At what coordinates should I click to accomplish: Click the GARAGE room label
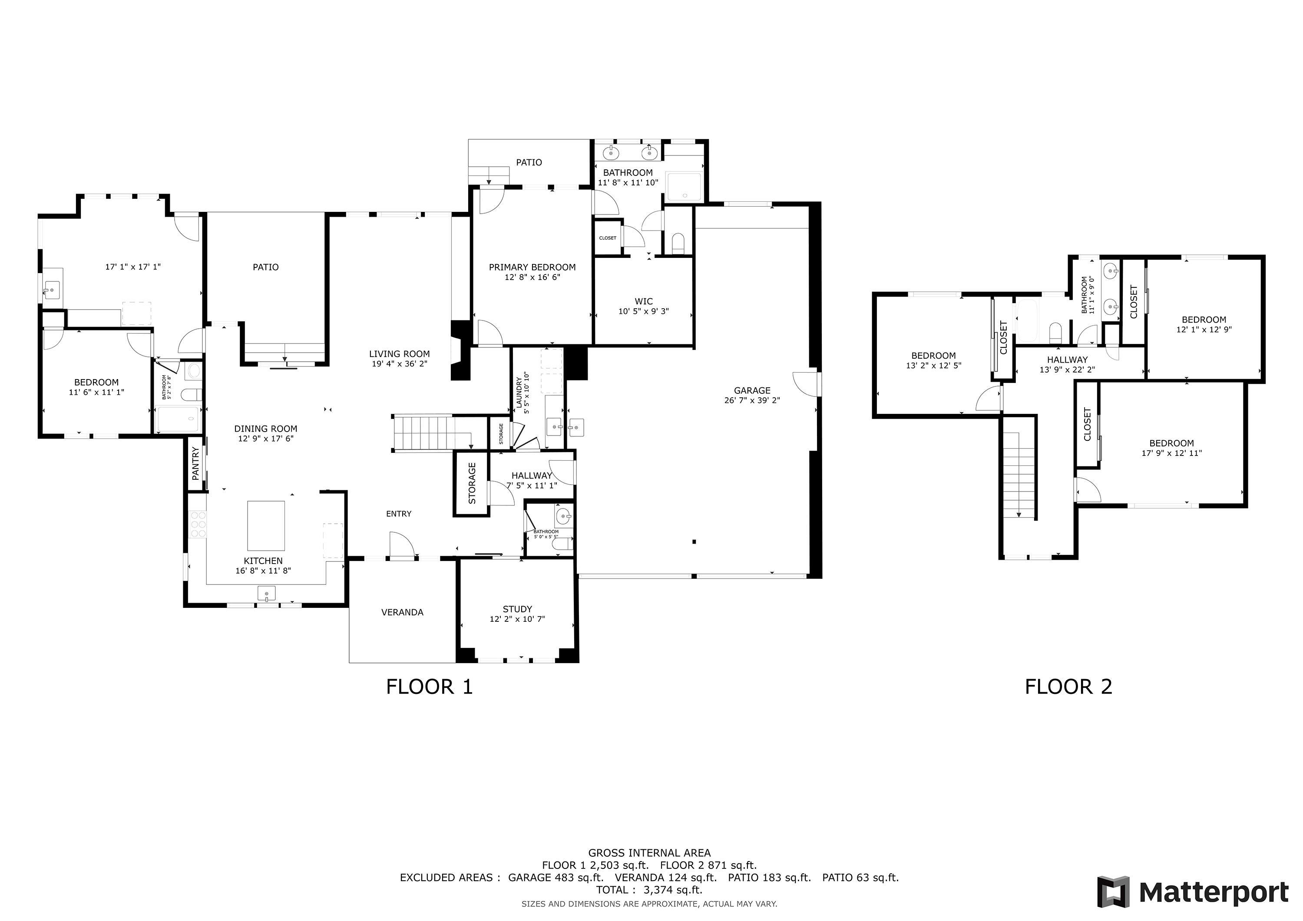point(752,390)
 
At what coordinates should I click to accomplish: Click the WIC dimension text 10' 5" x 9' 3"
point(644,311)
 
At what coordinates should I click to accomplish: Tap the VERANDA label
point(402,612)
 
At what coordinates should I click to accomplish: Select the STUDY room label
point(517,609)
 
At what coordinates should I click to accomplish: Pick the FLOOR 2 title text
point(1068,687)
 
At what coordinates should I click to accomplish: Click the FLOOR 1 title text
point(429,687)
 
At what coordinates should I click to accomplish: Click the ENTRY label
point(398,514)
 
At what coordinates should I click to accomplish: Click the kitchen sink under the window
point(266,594)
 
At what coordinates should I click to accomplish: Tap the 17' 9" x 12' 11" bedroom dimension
point(1171,453)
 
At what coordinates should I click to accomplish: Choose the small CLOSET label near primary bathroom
point(607,238)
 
